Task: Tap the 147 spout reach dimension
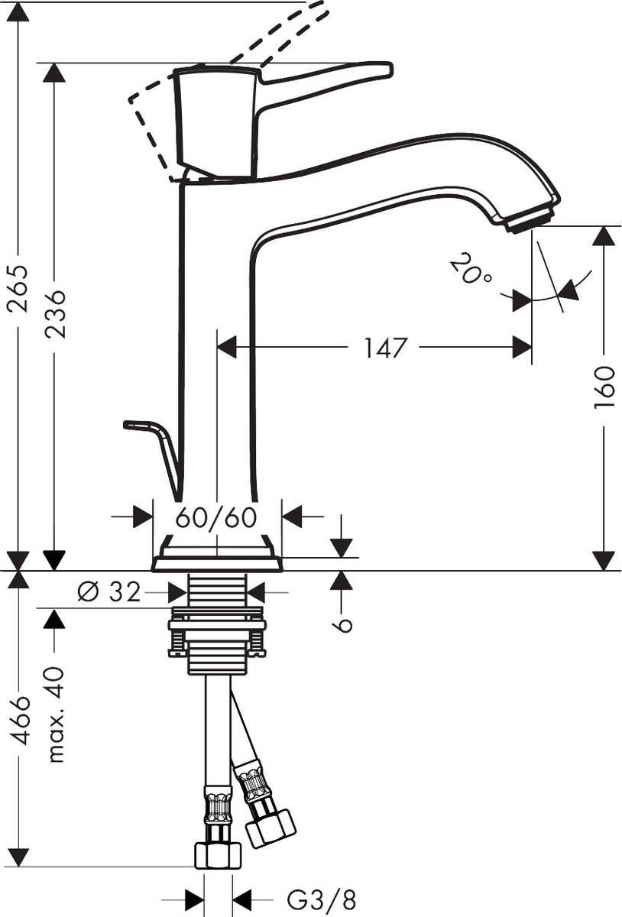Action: [x=384, y=348]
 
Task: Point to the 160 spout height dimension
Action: [x=604, y=387]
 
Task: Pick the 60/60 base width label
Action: [x=216, y=517]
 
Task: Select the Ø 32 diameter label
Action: [x=109, y=591]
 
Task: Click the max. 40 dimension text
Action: [x=55, y=714]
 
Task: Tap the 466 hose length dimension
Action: [x=18, y=720]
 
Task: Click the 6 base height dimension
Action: [x=343, y=623]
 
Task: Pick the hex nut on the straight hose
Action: [x=218, y=854]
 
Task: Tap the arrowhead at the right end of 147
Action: [x=522, y=348]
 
